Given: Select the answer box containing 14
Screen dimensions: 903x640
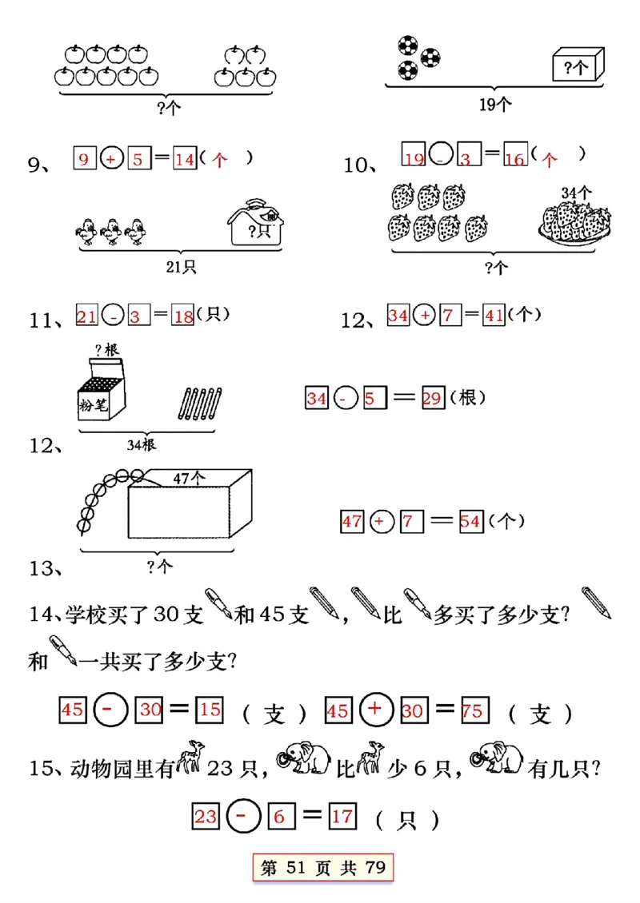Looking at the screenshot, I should tap(185, 160).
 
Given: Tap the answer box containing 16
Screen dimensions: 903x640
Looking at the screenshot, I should tap(514, 158).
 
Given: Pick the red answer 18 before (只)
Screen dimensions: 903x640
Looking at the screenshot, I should tap(183, 317).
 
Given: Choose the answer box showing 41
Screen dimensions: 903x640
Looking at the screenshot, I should tap(494, 316).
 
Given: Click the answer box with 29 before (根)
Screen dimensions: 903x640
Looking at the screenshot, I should tap(432, 397).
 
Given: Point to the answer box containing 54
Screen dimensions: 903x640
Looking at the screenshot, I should tap(470, 522).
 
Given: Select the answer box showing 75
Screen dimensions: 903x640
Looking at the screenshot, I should tap(472, 710).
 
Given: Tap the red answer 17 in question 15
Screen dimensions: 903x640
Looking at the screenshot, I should tap(342, 816).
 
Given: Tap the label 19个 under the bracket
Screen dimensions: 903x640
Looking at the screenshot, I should tap(496, 102).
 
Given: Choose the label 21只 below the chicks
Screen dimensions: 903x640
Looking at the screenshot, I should tap(181, 268).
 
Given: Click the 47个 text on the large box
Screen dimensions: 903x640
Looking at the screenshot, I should tap(190, 478).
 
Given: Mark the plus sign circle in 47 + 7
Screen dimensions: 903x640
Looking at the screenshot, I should tap(380, 522).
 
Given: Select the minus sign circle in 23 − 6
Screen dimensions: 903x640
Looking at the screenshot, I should tap(241, 816).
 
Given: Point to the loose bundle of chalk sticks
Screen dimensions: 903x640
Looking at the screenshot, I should tap(199, 402).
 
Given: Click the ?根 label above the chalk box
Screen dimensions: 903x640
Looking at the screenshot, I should tap(106, 349).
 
